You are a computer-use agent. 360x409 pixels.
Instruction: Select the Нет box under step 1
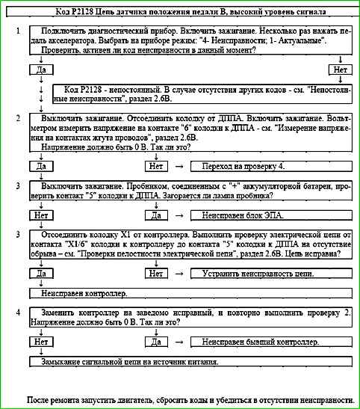(341, 70)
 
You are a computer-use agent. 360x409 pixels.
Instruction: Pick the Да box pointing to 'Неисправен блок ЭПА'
(155, 215)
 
